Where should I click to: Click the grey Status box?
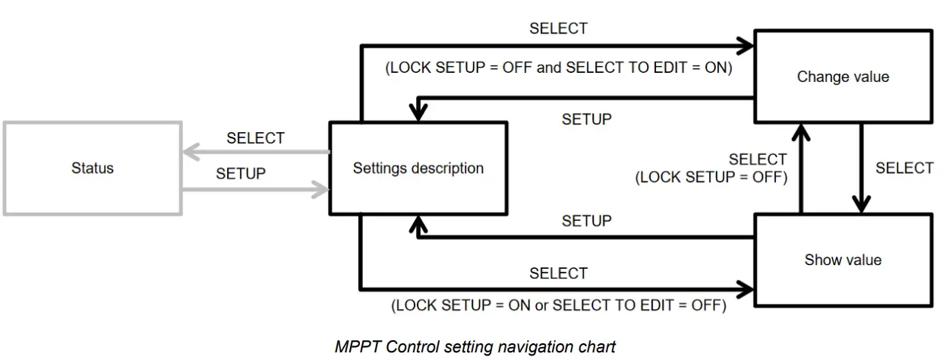point(93,168)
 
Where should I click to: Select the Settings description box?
point(418,168)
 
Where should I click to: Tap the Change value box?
point(843,77)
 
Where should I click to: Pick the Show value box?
point(843,260)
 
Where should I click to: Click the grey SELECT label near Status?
point(255,138)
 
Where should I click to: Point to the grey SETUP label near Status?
point(241,174)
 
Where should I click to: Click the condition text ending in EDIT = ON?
point(558,67)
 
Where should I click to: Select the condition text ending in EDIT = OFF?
point(558,306)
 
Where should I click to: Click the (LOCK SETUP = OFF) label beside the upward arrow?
point(711,178)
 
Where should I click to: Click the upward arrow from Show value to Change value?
point(799,167)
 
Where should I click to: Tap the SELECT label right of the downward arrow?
point(904,168)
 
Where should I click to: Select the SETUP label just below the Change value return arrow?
point(586,119)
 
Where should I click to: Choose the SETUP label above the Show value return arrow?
point(586,221)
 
